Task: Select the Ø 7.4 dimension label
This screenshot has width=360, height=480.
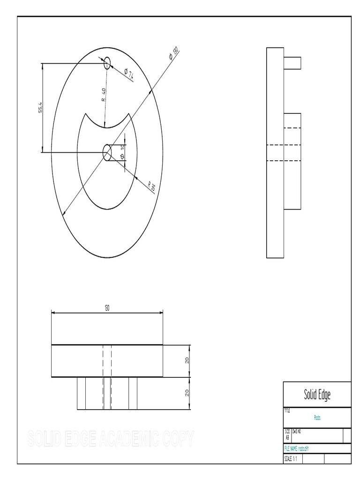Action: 129,73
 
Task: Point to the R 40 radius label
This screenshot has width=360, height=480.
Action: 104,95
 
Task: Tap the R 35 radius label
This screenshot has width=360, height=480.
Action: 151,186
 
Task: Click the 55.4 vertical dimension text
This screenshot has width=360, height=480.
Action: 41,108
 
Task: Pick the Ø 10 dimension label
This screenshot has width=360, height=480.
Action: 122,152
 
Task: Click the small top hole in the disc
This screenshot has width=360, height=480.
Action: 107,63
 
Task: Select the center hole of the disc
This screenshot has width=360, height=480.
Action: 107,152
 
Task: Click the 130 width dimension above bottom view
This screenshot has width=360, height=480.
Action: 107,307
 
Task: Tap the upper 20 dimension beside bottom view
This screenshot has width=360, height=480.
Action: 187,361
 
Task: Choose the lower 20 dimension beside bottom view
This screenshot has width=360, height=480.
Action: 187,393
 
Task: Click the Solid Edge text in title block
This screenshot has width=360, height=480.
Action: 317,395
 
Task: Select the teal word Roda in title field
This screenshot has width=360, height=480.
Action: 317,417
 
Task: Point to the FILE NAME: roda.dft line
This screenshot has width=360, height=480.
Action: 296,448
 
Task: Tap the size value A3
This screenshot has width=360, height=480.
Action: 287,437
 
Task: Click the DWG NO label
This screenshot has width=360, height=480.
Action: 296,431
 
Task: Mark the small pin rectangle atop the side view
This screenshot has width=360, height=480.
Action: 292,63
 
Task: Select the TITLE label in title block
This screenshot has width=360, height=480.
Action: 287,410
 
